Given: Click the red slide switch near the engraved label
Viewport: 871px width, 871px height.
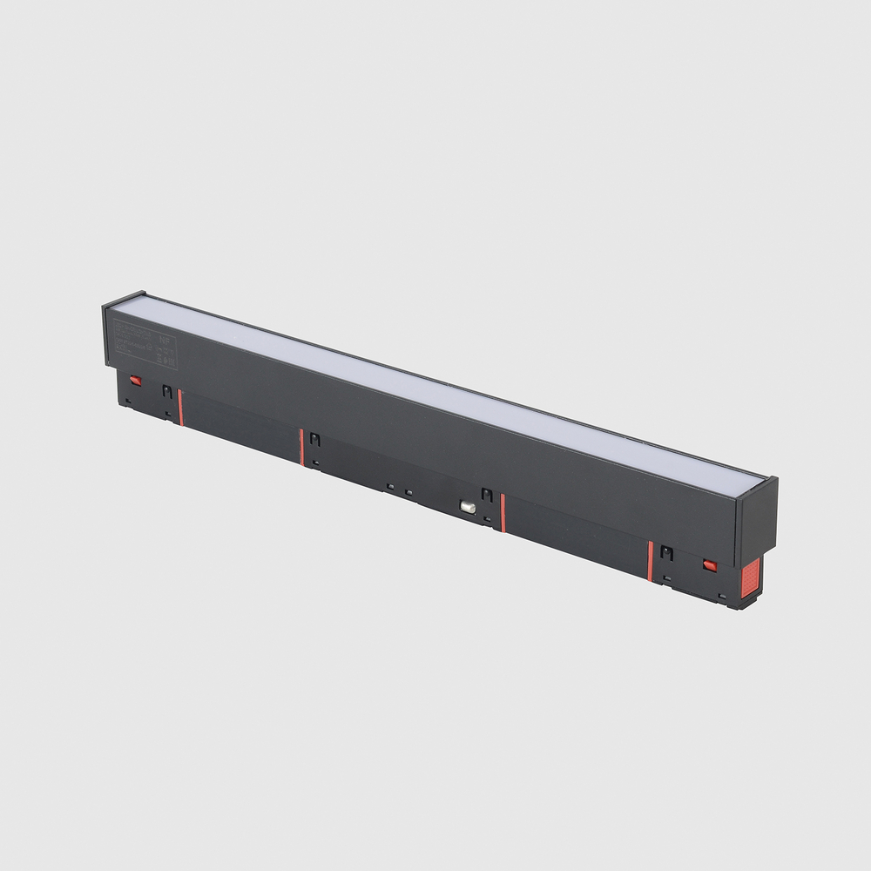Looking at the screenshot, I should (135, 380).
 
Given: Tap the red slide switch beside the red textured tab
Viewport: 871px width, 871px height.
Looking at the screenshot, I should (709, 565).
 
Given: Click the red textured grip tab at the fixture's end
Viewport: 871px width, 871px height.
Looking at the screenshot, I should (750, 578).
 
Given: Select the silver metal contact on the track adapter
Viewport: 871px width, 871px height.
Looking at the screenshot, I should (469, 506).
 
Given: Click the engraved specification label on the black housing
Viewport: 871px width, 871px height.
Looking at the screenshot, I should (145, 343).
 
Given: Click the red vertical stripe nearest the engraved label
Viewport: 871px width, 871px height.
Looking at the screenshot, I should (180, 407).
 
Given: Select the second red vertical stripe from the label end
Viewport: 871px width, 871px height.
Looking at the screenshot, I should (301, 447).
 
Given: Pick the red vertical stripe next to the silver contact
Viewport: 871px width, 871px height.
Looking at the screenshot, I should (503, 513).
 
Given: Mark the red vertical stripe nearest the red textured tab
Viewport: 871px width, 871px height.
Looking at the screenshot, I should (650, 560).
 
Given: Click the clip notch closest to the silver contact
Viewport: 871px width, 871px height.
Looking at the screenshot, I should (487, 496).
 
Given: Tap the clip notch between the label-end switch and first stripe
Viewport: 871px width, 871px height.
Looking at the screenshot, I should (166, 392).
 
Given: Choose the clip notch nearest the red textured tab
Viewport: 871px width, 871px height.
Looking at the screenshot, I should (666, 552).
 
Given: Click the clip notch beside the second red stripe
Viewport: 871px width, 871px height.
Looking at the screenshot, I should (315, 440).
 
